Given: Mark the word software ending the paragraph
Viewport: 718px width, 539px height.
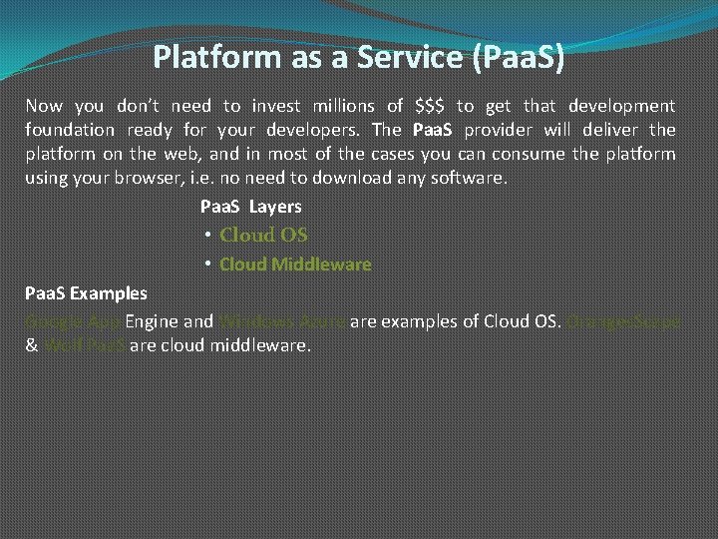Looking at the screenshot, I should (474, 178).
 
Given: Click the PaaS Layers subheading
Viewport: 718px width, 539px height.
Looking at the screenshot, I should (250, 207).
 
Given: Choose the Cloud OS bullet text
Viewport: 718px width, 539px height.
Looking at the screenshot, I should (263, 236).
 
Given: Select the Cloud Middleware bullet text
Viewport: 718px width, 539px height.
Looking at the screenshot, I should (295, 265).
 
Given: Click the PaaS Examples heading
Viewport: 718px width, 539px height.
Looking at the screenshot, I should (86, 292).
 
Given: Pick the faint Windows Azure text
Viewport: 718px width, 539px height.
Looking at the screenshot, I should (282, 321).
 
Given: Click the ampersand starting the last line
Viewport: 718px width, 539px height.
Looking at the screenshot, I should (31, 345).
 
